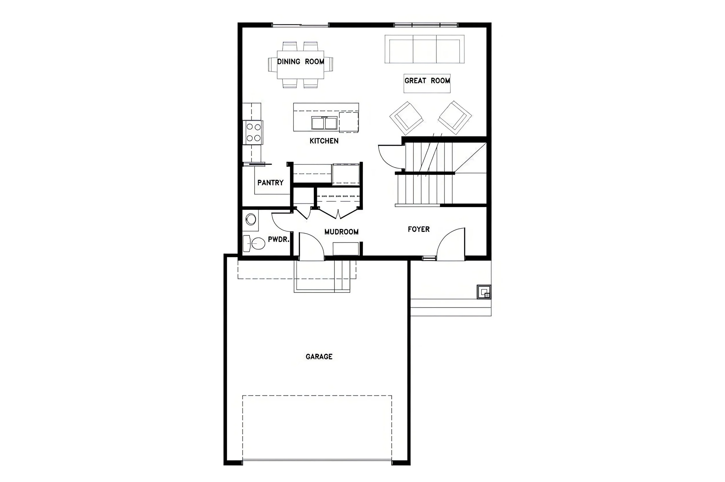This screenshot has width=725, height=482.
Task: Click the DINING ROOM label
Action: [300, 62]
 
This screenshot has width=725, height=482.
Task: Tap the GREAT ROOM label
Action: [427, 81]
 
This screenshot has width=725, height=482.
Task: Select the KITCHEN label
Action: [324, 141]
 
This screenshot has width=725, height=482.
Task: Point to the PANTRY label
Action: [270, 183]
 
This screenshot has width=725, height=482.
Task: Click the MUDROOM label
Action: [341, 232]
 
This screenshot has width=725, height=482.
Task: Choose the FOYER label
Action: [419, 229]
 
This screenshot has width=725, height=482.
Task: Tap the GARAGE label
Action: [319, 357]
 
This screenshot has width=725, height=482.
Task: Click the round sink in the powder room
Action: [251, 220]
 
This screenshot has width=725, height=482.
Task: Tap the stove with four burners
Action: [253, 133]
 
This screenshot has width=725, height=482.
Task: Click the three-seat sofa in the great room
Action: [424, 49]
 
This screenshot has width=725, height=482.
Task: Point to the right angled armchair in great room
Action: [455, 118]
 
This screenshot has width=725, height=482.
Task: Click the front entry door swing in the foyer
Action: [451, 244]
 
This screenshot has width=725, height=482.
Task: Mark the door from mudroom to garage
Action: [311, 247]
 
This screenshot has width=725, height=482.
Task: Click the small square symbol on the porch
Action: [484, 292]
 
